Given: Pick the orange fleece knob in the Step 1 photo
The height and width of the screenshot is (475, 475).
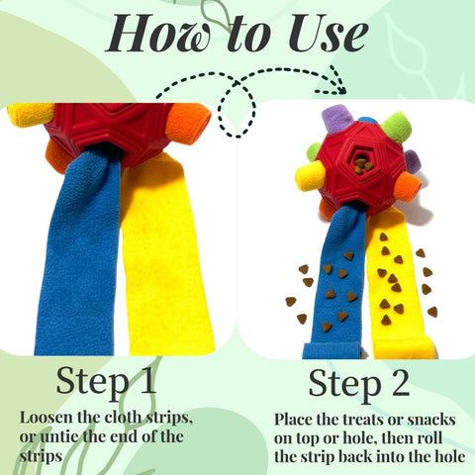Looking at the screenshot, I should point(189,124).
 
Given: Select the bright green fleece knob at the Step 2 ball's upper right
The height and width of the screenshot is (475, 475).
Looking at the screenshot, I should point(396,127).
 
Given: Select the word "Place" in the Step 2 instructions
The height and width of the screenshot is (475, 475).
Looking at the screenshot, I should point(296,419).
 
